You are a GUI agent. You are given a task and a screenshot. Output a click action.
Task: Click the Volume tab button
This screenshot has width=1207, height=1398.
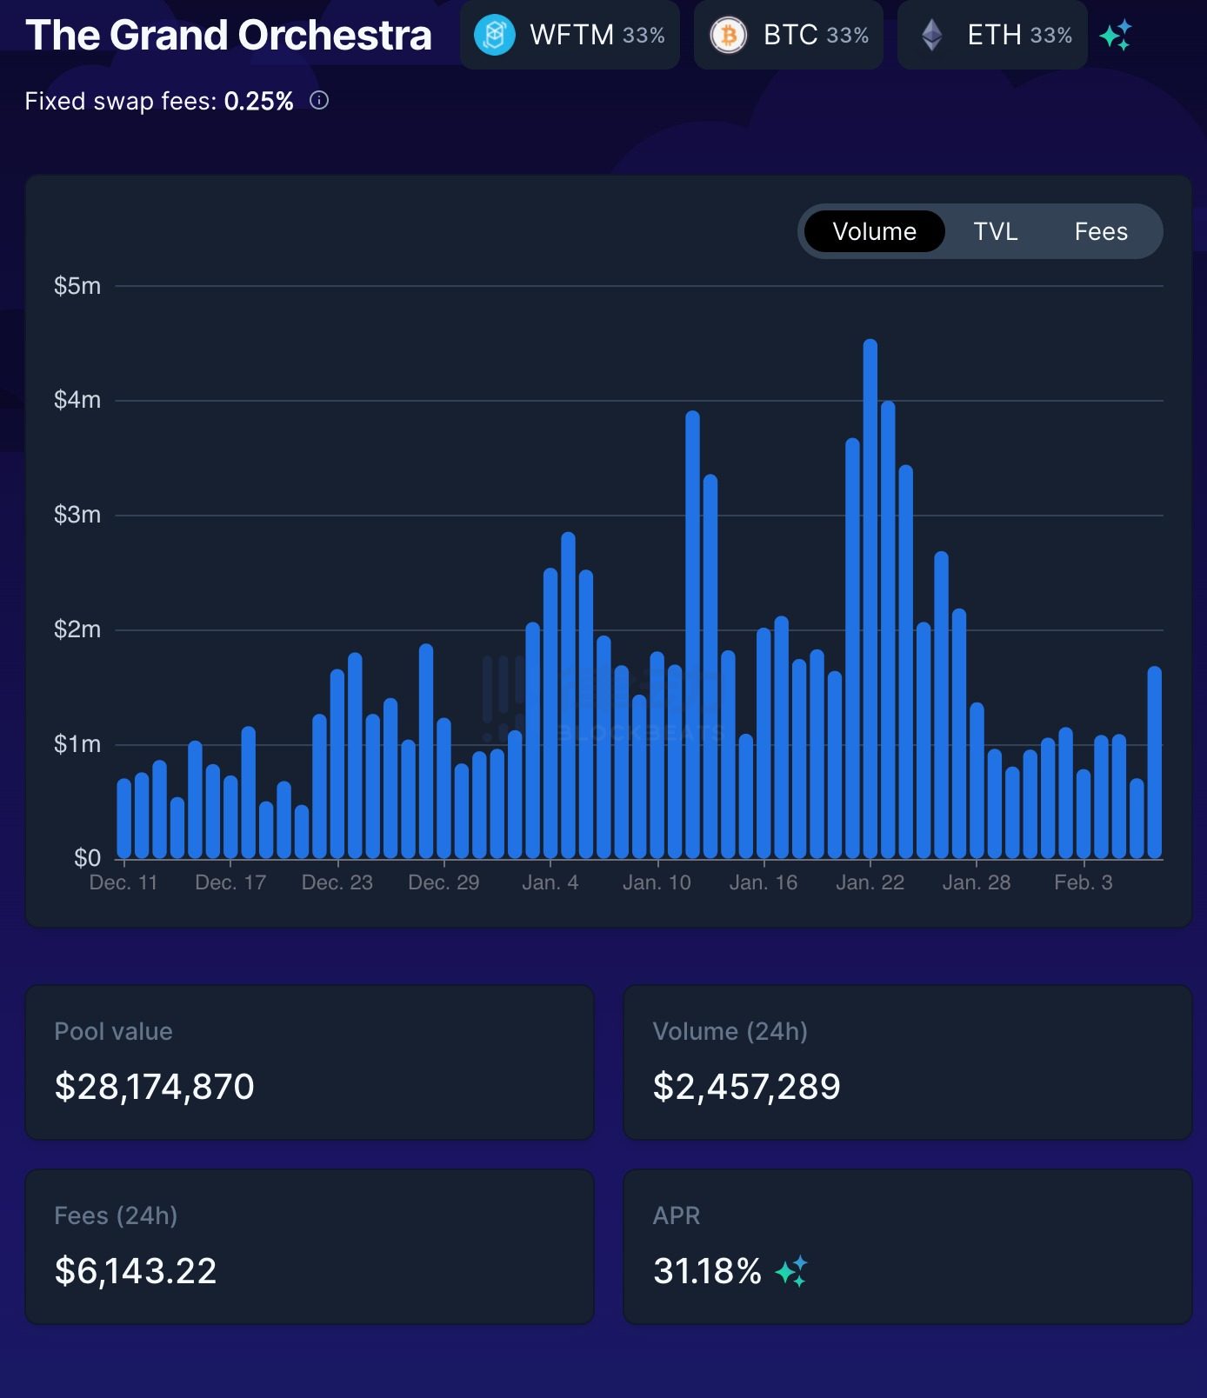coord(874,231)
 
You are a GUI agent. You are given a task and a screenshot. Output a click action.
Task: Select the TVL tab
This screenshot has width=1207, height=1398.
coord(995,231)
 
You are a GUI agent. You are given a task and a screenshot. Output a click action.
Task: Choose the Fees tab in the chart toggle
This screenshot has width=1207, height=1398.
coord(1100,231)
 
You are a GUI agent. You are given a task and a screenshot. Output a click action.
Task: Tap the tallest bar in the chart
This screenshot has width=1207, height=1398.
coord(870,600)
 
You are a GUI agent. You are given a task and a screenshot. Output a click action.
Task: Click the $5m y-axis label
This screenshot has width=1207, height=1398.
coord(77,286)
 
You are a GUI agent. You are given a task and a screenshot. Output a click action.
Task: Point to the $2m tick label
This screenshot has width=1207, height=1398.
coord(77,629)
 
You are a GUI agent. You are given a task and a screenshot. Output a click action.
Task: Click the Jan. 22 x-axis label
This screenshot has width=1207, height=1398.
coord(870,882)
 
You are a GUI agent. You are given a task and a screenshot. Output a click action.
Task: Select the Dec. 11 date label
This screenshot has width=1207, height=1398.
coord(123,882)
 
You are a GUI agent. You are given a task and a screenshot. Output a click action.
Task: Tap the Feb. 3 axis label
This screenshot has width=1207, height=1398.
coord(1083,882)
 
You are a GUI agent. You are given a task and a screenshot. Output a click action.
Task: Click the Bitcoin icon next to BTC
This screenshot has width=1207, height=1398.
coord(728,36)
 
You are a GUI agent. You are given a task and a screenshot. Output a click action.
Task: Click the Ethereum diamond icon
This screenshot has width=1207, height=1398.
coord(932,36)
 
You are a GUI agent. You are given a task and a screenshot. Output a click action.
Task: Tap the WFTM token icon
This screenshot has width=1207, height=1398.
coord(495,36)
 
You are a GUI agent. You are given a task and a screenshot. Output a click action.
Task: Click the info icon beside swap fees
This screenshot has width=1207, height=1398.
coord(319,101)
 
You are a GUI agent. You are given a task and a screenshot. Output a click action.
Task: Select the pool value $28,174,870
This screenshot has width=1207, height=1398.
coord(155,1087)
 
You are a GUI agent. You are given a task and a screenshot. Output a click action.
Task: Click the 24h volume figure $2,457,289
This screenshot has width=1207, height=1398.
coord(746,1087)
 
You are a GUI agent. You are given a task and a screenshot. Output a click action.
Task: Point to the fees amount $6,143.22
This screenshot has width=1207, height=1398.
coord(136,1271)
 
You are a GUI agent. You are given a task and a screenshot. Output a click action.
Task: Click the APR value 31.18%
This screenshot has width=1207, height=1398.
coord(707,1271)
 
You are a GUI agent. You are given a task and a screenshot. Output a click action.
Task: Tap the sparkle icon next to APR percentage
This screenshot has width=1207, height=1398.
coord(791,1271)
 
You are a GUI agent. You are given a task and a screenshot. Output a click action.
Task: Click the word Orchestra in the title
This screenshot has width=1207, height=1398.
coord(335,36)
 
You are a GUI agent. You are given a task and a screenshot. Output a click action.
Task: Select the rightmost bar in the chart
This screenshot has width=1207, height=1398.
coord(1155,763)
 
